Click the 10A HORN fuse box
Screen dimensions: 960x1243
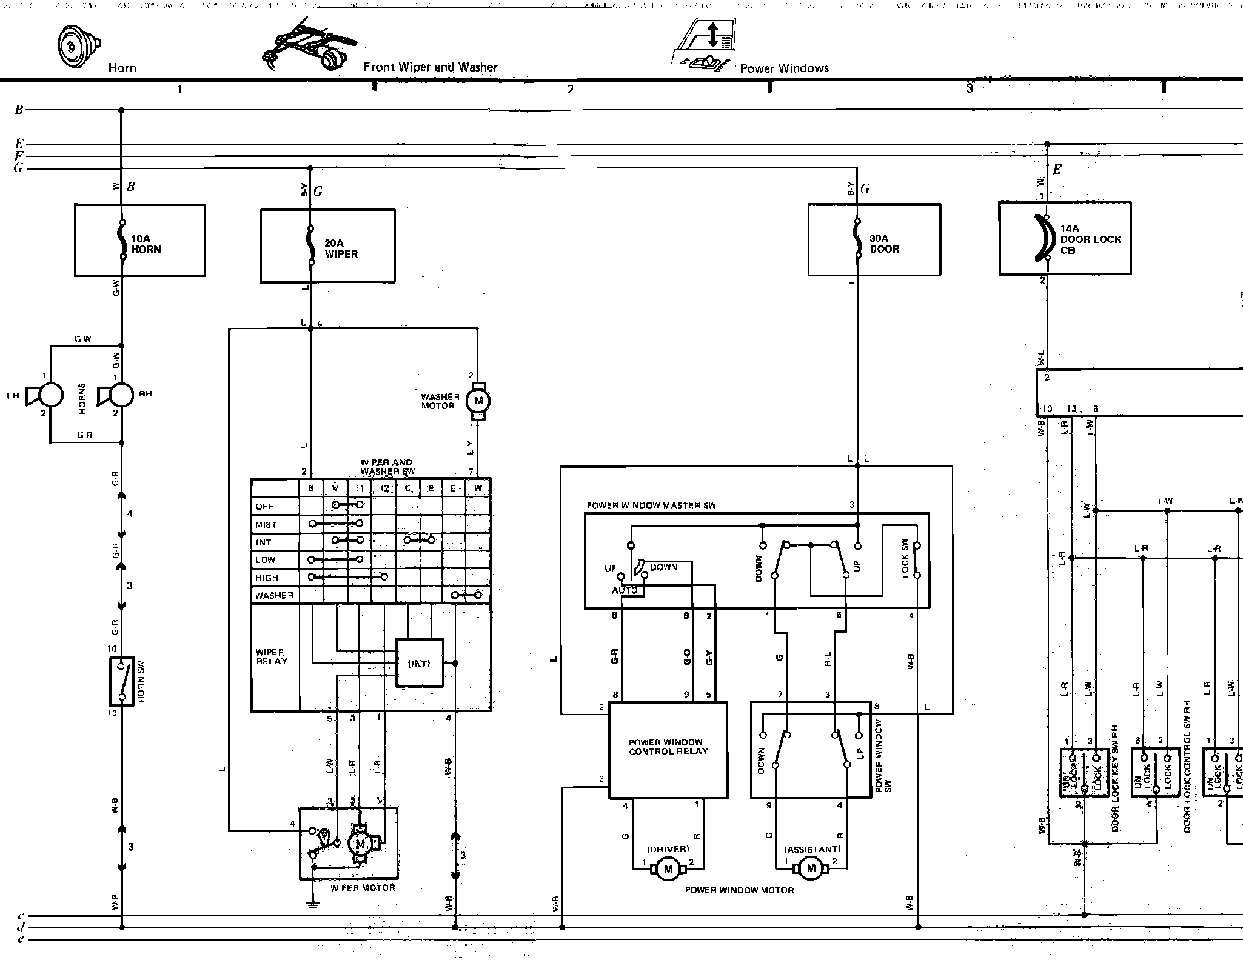[139, 241]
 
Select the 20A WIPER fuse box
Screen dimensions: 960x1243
[327, 246]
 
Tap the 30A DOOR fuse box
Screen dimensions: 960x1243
[874, 240]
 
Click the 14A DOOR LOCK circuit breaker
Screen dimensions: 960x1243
[1065, 238]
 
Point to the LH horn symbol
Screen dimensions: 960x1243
[44, 395]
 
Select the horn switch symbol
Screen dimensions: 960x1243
[122, 681]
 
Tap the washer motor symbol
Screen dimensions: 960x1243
[478, 401]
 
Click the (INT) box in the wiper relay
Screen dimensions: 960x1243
[420, 663]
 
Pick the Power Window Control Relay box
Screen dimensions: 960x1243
[668, 750]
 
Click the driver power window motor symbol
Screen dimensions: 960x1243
[668, 869]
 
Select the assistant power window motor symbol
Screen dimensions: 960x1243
[811, 868]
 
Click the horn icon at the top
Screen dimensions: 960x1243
[78, 46]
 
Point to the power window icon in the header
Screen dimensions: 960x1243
[705, 45]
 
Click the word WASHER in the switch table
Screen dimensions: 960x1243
[274, 595]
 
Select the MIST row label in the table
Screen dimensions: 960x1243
[266, 524]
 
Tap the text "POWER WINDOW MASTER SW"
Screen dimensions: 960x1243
[651, 505]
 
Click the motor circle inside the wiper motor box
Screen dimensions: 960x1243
[360, 843]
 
